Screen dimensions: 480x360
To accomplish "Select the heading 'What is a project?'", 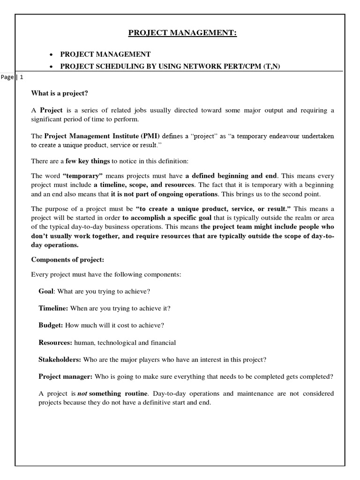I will [60, 93].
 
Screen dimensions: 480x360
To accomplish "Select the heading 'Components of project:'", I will [67, 259].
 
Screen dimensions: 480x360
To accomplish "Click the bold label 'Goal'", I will [46, 291].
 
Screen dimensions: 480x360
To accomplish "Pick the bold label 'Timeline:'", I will [53, 308].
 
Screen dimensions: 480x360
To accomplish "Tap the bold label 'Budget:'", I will [51, 325].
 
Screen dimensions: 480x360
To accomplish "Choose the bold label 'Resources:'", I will [55, 343].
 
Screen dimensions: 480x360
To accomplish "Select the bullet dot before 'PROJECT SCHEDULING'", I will [51, 67].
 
